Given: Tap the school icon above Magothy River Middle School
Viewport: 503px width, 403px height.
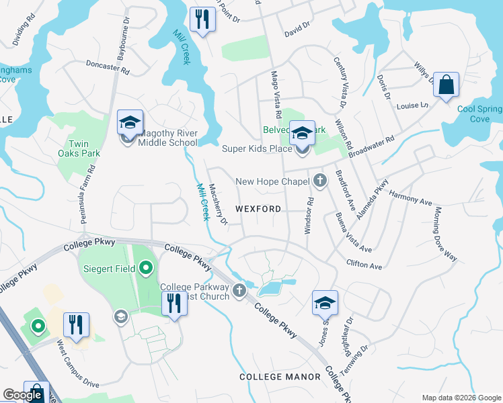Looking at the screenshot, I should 130,123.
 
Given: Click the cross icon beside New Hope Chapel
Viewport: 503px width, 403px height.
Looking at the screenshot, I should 319,181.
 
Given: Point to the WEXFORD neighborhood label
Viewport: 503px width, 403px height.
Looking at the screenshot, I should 259,209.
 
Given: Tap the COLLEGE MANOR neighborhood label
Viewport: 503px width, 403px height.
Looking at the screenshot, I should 280,377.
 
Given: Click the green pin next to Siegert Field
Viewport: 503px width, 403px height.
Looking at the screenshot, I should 146,270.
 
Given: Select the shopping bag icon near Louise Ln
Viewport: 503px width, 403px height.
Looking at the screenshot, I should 445,85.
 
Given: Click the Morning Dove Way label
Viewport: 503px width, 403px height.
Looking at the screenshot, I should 445,234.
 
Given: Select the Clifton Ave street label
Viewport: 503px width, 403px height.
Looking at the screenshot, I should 364,264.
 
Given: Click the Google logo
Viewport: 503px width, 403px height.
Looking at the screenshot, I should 22,396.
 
